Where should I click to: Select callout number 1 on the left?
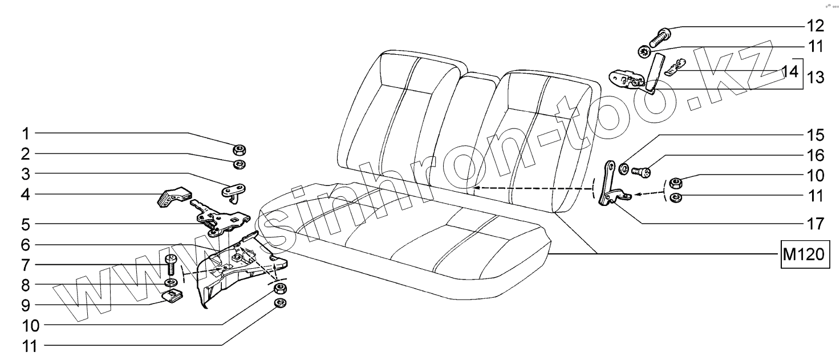click(25, 134)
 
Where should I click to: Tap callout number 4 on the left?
click(25, 195)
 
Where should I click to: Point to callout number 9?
click(25, 305)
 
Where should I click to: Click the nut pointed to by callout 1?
click(240, 151)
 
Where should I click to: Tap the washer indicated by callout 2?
click(240, 165)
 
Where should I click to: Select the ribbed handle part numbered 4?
click(172, 195)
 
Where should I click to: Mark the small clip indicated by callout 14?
click(673, 69)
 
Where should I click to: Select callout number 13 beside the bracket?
click(815, 77)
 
